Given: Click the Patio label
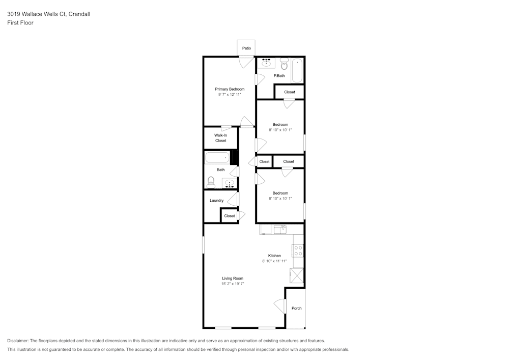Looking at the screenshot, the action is pos(246,48).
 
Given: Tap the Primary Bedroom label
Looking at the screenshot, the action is pos(230,89).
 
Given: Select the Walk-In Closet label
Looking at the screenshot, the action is pos(221,138).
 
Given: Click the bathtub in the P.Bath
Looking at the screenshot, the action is pos(297,70).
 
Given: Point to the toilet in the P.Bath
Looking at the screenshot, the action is pos(285,64).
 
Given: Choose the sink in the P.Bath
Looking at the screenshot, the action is pos(266,63).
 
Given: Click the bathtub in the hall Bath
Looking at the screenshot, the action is pos(217,158).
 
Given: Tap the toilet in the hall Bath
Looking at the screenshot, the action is pos(211,182).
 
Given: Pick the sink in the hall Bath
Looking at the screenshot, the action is pos(230,183).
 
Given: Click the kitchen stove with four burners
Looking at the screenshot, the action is pos(298,251).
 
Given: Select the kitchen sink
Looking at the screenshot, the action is pos(280,230).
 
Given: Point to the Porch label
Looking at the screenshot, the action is pos(296,308).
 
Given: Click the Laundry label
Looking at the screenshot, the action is pos(216,200).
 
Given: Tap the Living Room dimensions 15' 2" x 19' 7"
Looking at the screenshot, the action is pos(233,284).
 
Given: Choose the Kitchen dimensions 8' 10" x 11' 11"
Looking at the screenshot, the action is pos(274,261).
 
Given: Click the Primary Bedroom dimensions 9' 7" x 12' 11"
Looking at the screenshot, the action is pos(230,95).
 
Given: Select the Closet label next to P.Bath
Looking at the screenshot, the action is pos(290,92).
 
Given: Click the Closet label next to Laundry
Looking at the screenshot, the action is pos(230,216).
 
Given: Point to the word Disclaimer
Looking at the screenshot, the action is pos(18,341).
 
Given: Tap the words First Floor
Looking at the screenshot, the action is pos(20,23).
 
